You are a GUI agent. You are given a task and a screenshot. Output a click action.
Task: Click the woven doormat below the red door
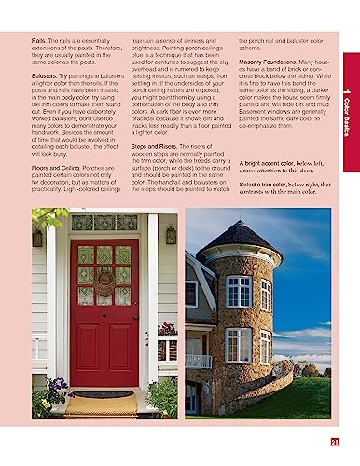[x=100, y=405]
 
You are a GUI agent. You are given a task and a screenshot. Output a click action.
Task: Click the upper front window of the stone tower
[x=238, y=292]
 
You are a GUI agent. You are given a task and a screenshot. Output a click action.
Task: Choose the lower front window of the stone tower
[x=238, y=345]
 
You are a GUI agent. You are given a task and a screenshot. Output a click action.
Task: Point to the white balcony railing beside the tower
[x=199, y=361]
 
